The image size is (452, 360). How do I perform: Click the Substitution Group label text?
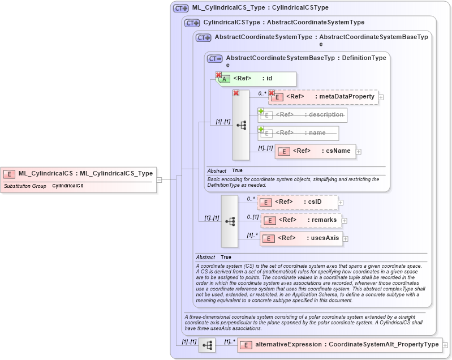click(x=25, y=186)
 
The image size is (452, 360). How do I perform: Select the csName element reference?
click(x=315, y=151)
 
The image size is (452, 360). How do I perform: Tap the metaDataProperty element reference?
click(x=323, y=97)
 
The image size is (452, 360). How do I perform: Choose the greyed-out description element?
click(x=302, y=115)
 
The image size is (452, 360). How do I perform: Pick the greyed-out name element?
click(x=299, y=133)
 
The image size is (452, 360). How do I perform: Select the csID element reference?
click(x=298, y=202)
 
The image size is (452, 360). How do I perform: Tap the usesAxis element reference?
click(x=301, y=238)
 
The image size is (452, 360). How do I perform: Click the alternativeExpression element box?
click(x=339, y=345)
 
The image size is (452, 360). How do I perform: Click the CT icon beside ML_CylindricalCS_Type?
click(x=181, y=8)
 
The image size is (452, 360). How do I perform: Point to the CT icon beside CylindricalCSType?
click(x=192, y=23)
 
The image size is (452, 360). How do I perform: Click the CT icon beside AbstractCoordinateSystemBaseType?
click(x=215, y=58)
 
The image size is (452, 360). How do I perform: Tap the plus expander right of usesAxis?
click(x=346, y=239)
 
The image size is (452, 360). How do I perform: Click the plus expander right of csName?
click(x=359, y=152)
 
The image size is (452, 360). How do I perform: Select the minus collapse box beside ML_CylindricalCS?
click(x=160, y=180)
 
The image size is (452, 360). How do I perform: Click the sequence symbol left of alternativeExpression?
click(x=208, y=345)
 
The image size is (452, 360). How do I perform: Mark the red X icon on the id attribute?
click(x=218, y=75)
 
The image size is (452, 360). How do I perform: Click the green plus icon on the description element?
click(x=261, y=111)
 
